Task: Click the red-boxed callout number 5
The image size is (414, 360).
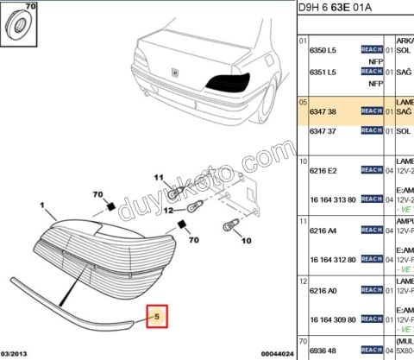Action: click(157, 317)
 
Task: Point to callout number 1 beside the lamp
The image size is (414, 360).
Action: click(41, 205)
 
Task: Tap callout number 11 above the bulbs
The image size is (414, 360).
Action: click(158, 177)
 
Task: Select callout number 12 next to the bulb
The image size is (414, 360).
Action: click(168, 210)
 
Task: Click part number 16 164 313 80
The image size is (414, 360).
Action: click(332, 199)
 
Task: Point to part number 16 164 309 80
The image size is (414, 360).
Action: click(332, 319)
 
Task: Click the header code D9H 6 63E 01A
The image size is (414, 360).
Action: click(339, 9)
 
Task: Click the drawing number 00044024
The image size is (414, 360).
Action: click(278, 354)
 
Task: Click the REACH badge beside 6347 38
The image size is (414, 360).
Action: click(371, 111)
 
